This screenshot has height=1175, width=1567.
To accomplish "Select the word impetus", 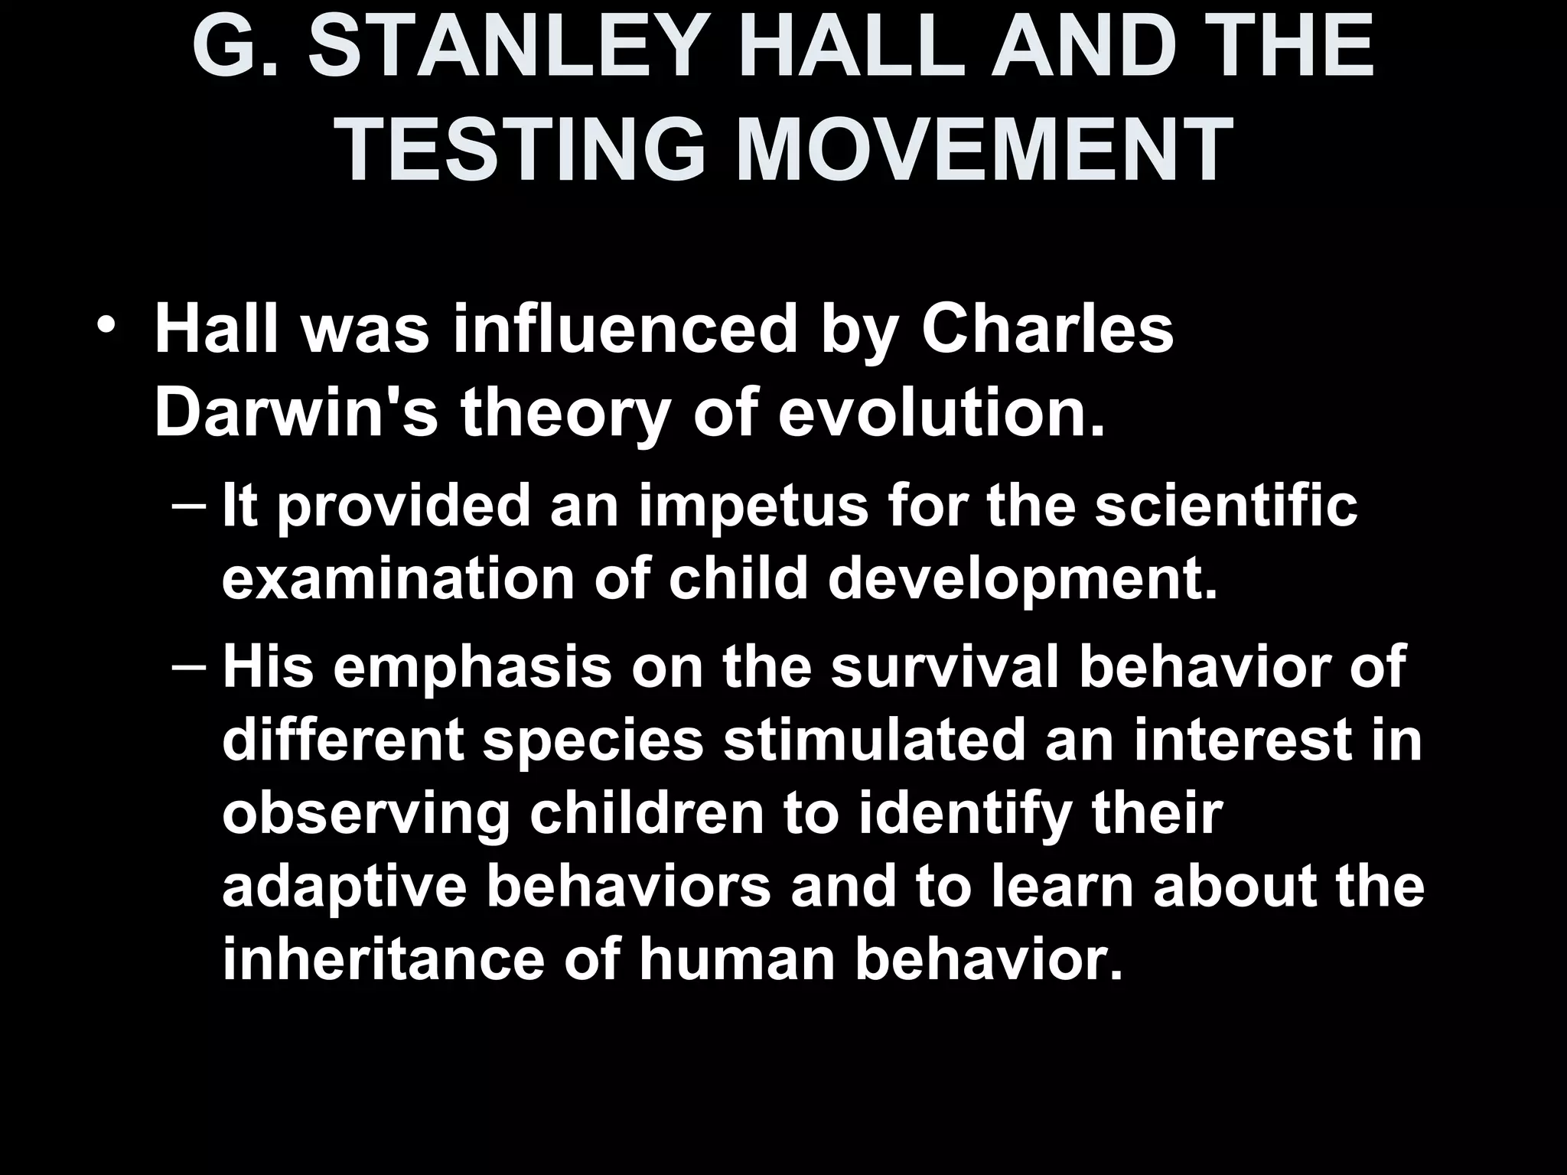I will tap(754, 507).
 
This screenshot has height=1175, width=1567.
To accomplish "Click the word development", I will tap(1022, 579).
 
